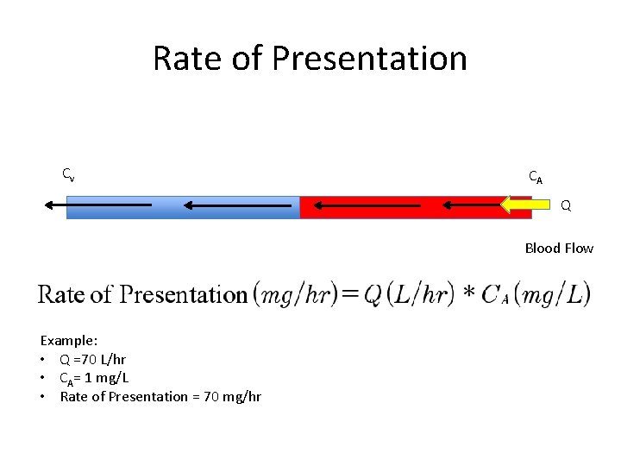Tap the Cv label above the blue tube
click(68, 174)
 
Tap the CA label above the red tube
click(536, 177)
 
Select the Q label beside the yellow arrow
click(566, 206)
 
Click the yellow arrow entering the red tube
click(526, 205)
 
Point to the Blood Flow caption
click(559, 249)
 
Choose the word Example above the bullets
click(68, 341)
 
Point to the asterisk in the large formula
click(468, 295)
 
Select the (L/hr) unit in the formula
click(419, 294)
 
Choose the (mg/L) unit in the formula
click(550, 294)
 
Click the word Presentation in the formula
click(182, 294)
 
